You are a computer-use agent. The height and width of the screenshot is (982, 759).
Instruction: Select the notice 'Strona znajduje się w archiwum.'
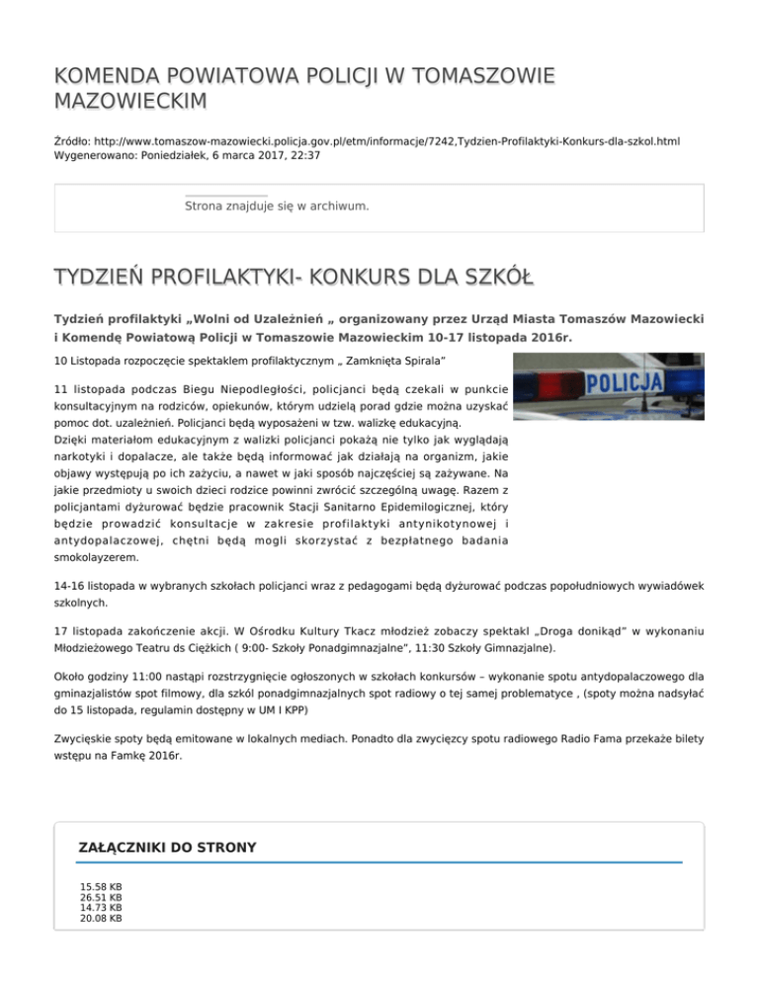pos(277,206)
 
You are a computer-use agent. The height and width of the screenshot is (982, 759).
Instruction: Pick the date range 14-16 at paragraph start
pos(71,585)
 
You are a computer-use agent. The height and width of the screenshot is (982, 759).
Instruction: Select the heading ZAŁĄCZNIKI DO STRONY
pos(167,847)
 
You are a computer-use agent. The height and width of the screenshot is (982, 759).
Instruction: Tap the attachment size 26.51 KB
pos(101,898)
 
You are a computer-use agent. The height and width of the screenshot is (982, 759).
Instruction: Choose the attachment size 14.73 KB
pos(101,908)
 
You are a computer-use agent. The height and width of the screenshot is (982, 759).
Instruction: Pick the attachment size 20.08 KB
pos(101,918)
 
